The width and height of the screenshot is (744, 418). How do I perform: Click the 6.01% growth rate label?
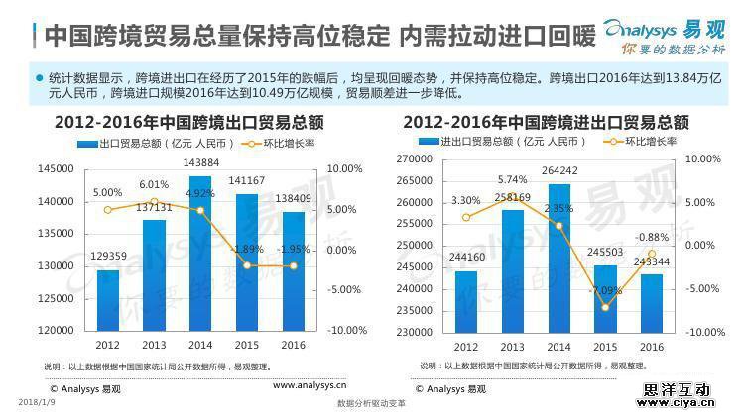[154, 184]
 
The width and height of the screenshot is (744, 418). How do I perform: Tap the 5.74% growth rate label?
[512, 179]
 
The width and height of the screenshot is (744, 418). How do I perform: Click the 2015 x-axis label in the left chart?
[247, 345]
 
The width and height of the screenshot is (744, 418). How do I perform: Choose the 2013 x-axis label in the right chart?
[512, 347]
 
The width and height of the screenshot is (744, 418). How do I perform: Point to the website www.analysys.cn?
[310, 385]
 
